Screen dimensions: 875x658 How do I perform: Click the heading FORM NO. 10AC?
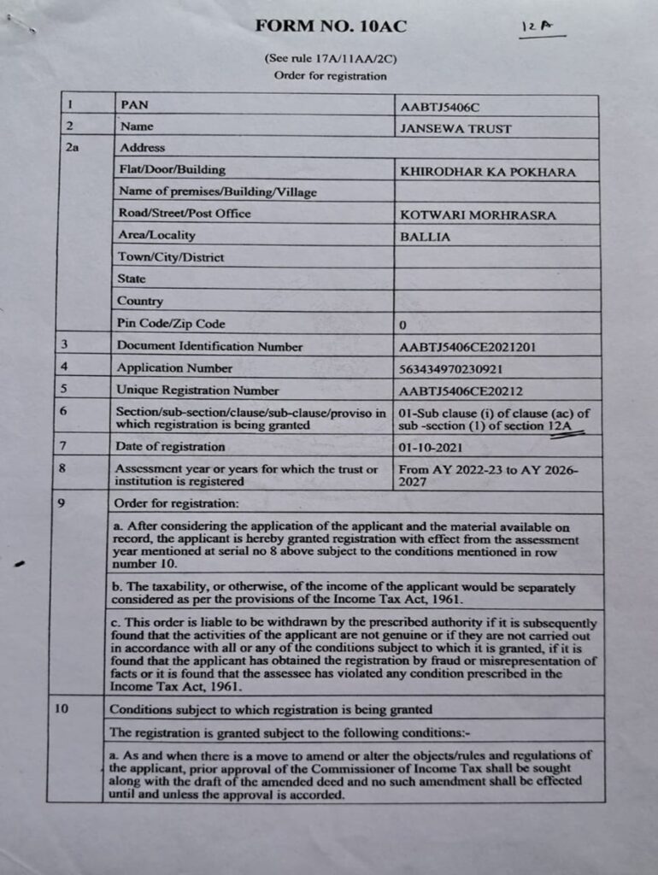point(331,26)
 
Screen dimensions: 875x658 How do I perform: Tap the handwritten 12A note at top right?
point(537,28)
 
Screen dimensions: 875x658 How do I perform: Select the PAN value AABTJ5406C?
point(440,107)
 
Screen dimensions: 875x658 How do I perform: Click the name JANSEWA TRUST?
point(455,129)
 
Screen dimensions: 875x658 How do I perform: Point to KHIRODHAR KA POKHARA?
point(488,172)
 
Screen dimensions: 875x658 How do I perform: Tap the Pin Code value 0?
point(402,326)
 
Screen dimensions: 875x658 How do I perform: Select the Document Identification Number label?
point(209,346)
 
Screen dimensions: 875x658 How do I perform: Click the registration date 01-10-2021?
point(433,447)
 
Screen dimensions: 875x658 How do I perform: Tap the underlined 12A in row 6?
point(563,426)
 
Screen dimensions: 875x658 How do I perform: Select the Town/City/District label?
point(171,257)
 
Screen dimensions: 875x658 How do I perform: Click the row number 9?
point(62,502)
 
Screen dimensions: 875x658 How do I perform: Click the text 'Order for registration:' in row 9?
point(177,502)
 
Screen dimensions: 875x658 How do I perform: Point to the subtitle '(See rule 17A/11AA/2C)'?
point(330,59)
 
